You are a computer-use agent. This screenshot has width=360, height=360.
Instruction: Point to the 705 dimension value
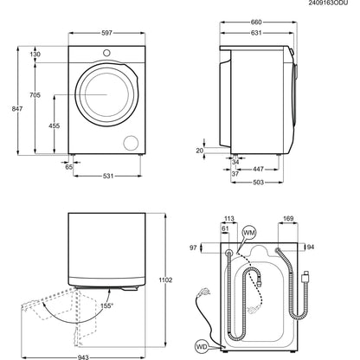[33, 95]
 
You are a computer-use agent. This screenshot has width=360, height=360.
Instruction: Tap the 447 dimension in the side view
[259, 170]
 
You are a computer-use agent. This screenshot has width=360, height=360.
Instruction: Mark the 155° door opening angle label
[130, 305]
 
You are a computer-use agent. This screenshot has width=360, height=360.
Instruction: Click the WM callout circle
[249, 233]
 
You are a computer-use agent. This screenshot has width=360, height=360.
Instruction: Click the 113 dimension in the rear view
[230, 219]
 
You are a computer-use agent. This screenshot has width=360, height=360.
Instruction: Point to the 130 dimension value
[34, 55]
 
